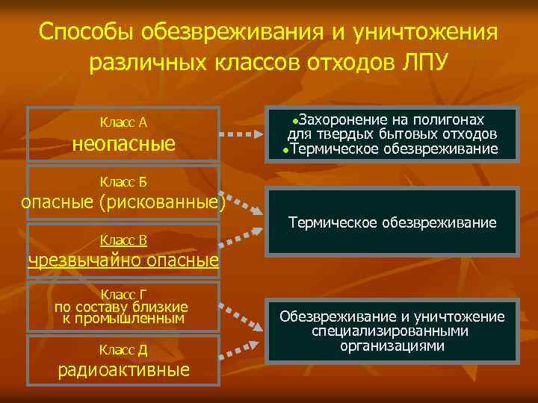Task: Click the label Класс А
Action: [x=123, y=122]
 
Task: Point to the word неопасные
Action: [x=123, y=143]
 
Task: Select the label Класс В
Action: [x=123, y=240]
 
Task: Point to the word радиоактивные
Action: [x=123, y=371]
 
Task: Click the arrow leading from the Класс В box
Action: [x=243, y=239]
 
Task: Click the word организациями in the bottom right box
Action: [x=392, y=346]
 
